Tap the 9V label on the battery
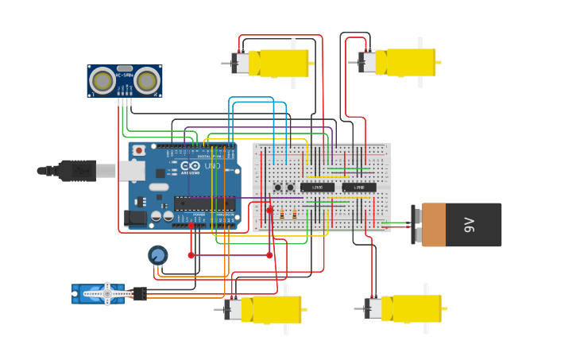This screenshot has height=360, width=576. click(x=469, y=225)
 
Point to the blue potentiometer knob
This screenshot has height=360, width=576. click(x=157, y=255)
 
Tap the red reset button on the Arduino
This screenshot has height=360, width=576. click(x=139, y=150)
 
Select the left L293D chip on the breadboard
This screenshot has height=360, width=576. click(x=317, y=188)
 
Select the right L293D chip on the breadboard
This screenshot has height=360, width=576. click(x=359, y=188)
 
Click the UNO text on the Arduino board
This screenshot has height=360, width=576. click(x=213, y=166)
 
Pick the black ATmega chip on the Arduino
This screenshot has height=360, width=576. click(x=204, y=203)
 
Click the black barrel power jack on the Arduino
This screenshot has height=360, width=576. click(x=136, y=216)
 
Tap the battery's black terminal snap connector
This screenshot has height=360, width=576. click(x=417, y=225)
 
